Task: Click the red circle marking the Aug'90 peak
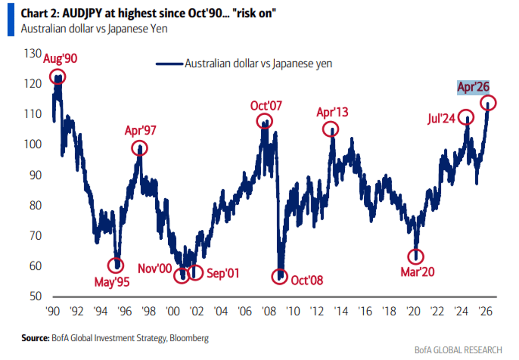58,77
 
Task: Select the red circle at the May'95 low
116,264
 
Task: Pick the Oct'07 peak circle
265,121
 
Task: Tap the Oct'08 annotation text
307,280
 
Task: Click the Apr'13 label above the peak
332,112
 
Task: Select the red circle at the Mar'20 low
416,256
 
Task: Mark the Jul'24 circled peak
467,117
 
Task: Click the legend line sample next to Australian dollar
169,64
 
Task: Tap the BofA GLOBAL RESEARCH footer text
457,350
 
